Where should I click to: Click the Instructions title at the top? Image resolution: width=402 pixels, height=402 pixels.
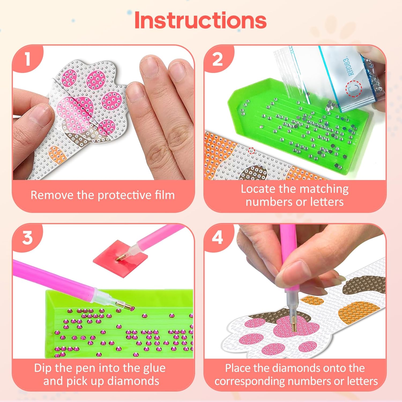(x=200, y=20)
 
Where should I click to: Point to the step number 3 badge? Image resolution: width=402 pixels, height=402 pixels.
(x=27, y=237)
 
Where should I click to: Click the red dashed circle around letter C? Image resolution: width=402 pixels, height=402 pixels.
(x=354, y=89)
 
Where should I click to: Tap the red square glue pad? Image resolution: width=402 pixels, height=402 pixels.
(x=121, y=257)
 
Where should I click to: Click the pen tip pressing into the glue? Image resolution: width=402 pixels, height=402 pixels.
(x=118, y=258)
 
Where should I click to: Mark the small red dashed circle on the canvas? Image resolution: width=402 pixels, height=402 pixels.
(x=251, y=151)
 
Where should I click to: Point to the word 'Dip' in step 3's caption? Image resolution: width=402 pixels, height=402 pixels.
(x=43, y=368)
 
